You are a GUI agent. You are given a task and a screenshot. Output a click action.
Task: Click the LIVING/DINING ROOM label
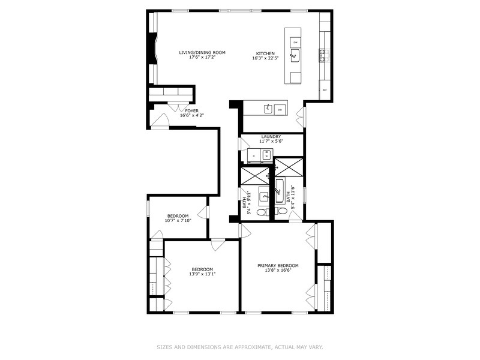[202, 53]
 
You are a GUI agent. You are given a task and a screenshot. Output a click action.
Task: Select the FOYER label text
[191, 111]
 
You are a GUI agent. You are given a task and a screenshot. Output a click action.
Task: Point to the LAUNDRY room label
[271, 136]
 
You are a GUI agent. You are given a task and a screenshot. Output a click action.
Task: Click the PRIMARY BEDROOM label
[278, 265]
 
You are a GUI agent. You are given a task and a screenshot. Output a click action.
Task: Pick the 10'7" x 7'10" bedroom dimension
[178, 221]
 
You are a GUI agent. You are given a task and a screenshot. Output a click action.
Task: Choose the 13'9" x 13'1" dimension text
[202, 274]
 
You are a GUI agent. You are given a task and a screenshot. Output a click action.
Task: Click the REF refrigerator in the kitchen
[325, 90]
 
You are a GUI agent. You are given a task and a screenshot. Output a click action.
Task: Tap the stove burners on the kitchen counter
[323, 56]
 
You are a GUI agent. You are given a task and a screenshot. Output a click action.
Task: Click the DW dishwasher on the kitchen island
[295, 41]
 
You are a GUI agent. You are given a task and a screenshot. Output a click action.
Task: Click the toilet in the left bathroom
[262, 212]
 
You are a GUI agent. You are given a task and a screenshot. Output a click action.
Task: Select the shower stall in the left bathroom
[255, 175]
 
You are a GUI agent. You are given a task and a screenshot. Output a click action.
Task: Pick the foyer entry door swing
[160, 122]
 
